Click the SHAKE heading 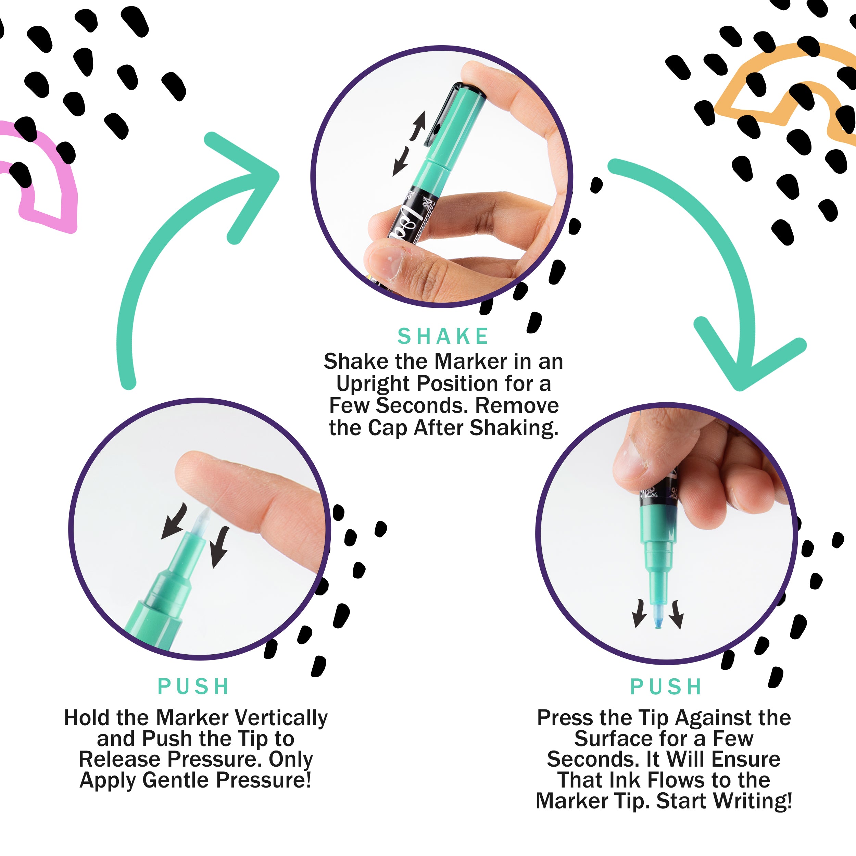pos(443,336)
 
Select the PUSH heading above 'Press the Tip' pos(666,687)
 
